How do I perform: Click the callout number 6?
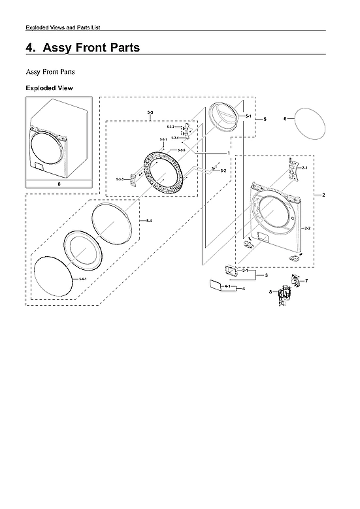[285, 119]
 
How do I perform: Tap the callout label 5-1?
[248, 116]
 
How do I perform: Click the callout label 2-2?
[306, 228]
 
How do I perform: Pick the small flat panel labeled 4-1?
[215, 284]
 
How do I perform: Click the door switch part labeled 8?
[284, 296]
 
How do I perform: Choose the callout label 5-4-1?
[82, 279]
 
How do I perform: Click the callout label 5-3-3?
[120, 179]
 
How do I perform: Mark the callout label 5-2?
[223, 171]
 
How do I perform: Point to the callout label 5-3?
[150, 114]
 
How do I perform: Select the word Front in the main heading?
[91, 48]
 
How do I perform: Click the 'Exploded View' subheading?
[49, 88]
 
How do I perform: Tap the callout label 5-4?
[148, 221]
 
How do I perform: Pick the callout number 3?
[267, 276]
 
